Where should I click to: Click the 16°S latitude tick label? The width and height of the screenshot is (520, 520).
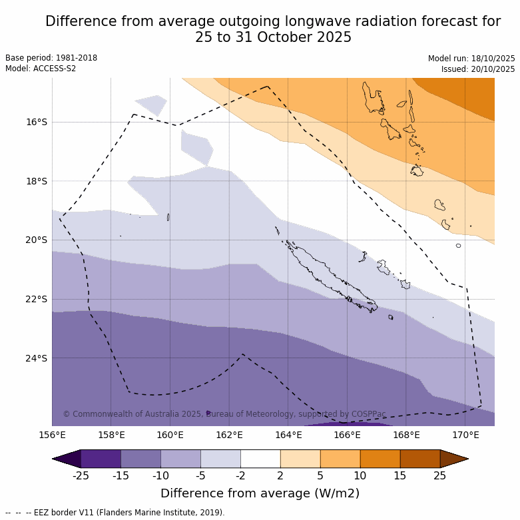tap(37, 122)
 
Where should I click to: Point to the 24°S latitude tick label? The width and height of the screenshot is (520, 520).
tap(37, 358)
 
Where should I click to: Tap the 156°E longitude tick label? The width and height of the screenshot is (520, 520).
tap(52, 435)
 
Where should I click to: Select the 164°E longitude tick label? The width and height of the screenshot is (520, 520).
tap(288, 435)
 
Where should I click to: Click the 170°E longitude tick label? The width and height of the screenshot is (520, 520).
tap(465, 435)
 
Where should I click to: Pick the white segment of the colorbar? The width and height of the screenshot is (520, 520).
tap(260, 459)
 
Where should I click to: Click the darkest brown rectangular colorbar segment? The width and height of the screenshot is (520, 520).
tap(420, 459)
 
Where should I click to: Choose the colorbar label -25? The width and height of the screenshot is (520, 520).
tap(81, 475)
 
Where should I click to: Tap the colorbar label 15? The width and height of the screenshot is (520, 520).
tap(400, 475)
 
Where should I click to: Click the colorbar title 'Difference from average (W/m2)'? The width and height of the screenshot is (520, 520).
tap(260, 493)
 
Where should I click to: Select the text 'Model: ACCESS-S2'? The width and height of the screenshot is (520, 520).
tap(41, 69)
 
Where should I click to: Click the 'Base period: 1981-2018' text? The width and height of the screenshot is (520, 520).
tap(51, 58)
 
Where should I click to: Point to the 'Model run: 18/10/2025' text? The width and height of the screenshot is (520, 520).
tap(471, 59)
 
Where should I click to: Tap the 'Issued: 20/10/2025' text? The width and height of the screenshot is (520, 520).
tap(478, 69)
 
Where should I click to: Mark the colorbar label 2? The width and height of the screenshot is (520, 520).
tap(280, 475)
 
